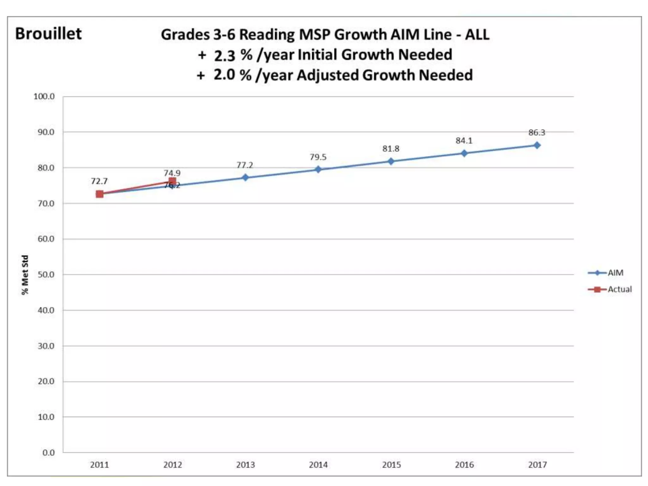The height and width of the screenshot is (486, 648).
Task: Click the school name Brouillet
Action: (48, 34)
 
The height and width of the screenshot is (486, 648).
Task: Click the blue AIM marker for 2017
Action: (537, 145)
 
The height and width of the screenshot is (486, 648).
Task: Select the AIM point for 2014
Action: (318, 170)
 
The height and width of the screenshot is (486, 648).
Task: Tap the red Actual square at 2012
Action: (172, 181)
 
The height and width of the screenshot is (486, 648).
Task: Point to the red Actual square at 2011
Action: (100, 194)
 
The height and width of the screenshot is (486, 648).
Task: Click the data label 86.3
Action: (537, 133)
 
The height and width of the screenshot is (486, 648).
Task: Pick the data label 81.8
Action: (391, 149)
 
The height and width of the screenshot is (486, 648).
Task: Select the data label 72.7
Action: (99, 181)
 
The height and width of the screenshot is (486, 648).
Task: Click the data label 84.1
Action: (464, 140)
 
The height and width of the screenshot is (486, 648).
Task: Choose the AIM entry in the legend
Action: (615, 273)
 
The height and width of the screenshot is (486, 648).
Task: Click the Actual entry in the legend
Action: (619, 289)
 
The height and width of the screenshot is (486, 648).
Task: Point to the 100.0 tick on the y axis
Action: (44, 97)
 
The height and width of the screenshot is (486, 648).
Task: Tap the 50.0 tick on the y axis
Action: (46, 275)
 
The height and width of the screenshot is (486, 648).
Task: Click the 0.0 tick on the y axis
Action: (48, 453)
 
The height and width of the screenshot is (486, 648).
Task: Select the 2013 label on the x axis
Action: (245, 465)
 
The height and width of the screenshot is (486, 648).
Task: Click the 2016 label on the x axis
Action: (464, 465)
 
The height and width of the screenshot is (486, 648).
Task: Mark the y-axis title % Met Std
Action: (25, 275)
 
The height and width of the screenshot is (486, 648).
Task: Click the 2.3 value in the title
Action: (224, 55)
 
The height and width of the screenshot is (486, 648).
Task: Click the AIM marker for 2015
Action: (391, 161)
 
